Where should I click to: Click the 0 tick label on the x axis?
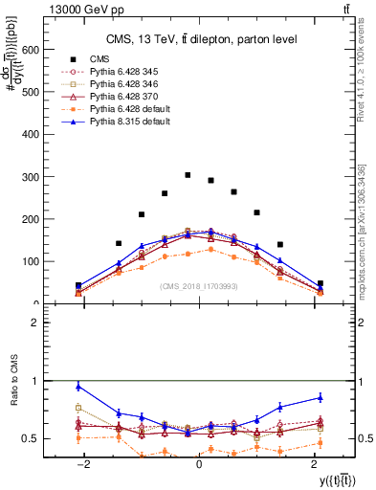point(198,464)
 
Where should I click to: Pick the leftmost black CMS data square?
point(78,285)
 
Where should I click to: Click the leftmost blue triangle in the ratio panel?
point(78,387)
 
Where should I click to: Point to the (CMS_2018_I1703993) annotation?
point(199,286)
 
